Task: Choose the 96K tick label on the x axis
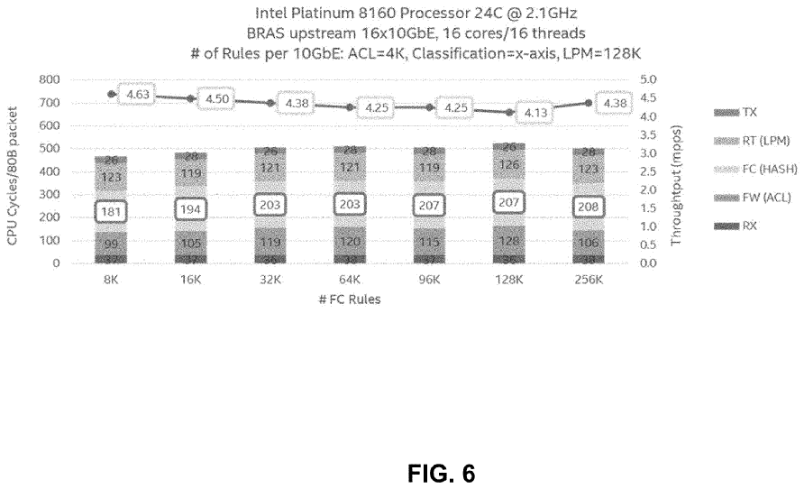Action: (429, 280)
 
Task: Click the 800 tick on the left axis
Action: (50, 79)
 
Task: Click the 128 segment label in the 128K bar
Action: (509, 242)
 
